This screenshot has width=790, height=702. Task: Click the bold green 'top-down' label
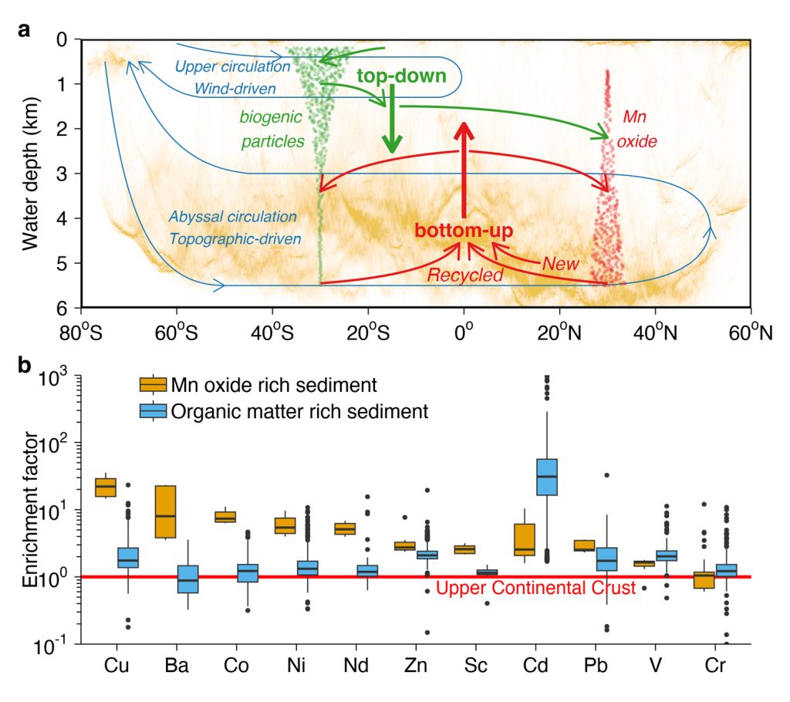pos(401,76)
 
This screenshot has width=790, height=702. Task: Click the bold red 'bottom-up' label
pos(463,230)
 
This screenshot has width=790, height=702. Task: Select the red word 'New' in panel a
pos(560,263)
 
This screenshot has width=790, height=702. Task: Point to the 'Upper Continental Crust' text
pos(535,589)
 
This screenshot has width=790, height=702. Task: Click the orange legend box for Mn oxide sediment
pos(153,384)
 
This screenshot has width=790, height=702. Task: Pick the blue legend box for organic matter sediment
pos(153,412)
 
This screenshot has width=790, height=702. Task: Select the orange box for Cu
pos(106,487)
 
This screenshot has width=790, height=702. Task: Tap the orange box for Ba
pos(166,511)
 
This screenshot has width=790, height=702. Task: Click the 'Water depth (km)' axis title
pos(30,174)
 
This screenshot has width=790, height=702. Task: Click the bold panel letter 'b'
pos(25,365)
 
